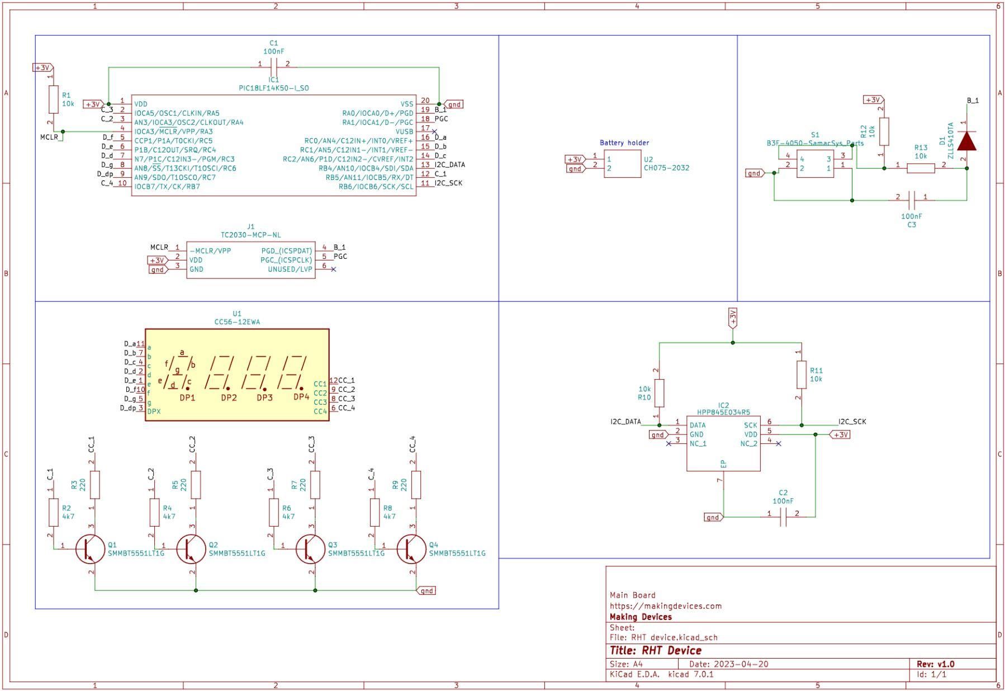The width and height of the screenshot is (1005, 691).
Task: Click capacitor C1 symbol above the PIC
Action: pyautogui.click(x=273, y=64)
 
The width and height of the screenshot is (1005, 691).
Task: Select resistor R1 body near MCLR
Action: pyautogui.click(x=53, y=100)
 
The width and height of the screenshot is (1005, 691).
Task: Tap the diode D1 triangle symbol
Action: pyautogui.click(x=966, y=141)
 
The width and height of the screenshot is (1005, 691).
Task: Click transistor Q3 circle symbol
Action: pyautogui.click(x=310, y=549)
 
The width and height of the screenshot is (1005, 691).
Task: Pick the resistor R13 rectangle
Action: pyautogui.click(x=920, y=168)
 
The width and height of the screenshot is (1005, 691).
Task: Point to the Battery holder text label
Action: pyautogui.click(x=624, y=143)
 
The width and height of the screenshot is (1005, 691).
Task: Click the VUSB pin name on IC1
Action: pyautogui.click(x=404, y=131)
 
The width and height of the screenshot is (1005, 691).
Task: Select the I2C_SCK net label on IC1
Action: pyautogui.click(x=448, y=183)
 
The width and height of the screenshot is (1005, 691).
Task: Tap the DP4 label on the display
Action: pyautogui.click(x=301, y=397)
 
